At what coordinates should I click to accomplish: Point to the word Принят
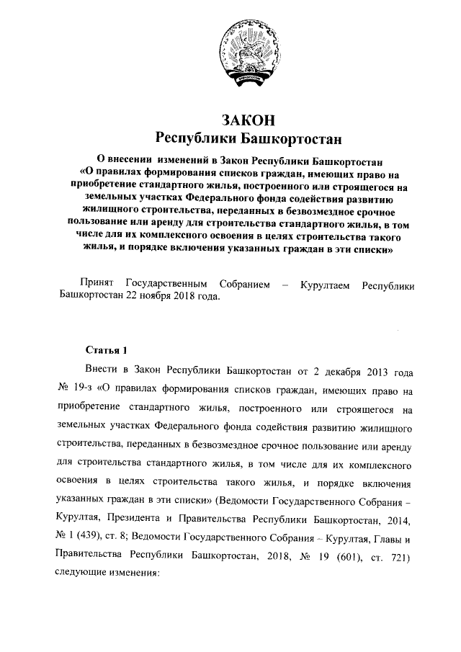click(x=97, y=285)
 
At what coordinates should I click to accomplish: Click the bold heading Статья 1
click(x=106, y=350)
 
